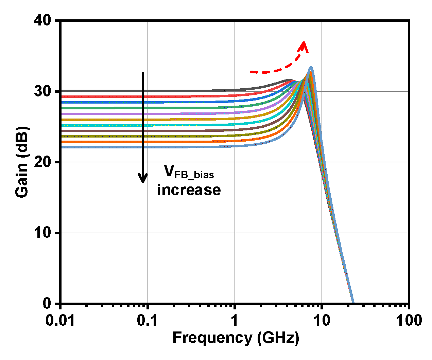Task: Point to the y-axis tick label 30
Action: pyautogui.click(x=43, y=91)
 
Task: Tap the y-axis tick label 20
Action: pyautogui.click(x=43, y=162)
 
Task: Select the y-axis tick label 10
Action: pyautogui.click(x=43, y=233)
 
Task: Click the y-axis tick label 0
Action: pyautogui.click(x=48, y=303)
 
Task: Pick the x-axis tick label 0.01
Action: pyautogui.click(x=61, y=320)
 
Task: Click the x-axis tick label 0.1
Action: pyautogui.click(x=148, y=320)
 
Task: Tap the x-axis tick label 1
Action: pyautogui.click(x=235, y=320)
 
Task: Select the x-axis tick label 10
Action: pyautogui.click(x=322, y=320)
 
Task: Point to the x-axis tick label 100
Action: pyautogui.click(x=409, y=320)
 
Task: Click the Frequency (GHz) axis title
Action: pyautogui.click(x=236, y=338)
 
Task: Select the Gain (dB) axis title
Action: pyautogui.click(x=22, y=162)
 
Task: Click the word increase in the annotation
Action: pyautogui.click(x=189, y=190)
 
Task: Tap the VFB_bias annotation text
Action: pyautogui.click(x=189, y=172)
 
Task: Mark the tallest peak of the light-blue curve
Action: pyautogui.click(x=311, y=68)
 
